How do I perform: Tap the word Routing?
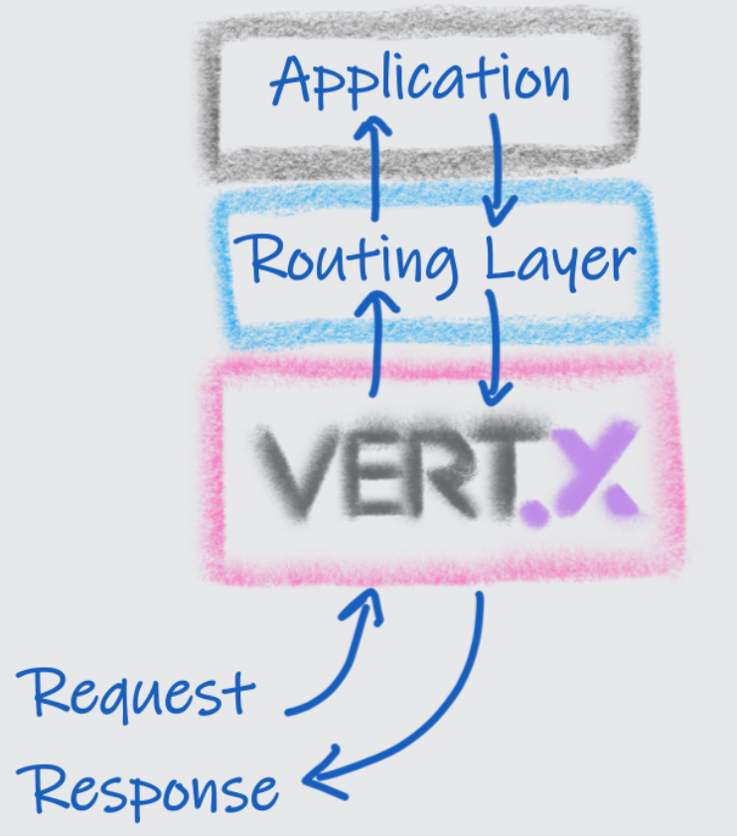(353, 260)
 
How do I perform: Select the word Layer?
(560, 260)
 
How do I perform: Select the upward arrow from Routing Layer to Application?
(374, 164)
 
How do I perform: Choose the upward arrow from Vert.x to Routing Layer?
(376, 338)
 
